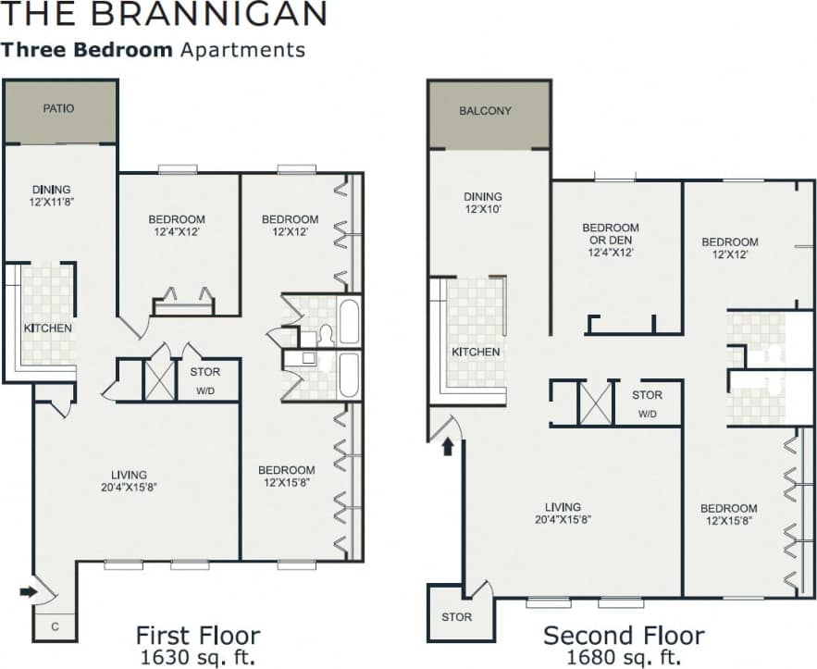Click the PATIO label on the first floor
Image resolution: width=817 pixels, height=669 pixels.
[x=58, y=108]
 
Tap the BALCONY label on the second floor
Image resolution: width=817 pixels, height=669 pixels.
[x=485, y=111]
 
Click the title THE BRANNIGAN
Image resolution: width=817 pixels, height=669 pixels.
[x=164, y=14]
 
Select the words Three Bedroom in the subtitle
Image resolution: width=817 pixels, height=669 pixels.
[x=87, y=49]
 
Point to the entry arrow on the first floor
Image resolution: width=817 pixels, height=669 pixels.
[x=28, y=590]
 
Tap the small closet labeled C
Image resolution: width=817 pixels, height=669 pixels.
[x=55, y=626]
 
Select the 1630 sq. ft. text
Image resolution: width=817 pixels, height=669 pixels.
[x=198, y=657]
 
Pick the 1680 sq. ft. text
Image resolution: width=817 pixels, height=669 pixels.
[x=624, y=657]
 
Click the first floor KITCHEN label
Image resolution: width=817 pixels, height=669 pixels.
[x=48, y=328]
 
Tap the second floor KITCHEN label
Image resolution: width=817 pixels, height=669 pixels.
[x=476, y=352]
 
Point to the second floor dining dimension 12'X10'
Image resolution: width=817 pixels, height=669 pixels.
[x=483, y=210]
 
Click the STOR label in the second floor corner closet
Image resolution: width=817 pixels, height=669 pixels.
[x=456, y=616]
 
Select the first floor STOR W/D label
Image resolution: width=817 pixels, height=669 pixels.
[x=205, y=381]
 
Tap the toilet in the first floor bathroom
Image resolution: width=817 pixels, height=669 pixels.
[x=325, y=334]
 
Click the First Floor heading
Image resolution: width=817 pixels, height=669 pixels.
[x=197, y=636]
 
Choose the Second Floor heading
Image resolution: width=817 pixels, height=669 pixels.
[x=624, y=636]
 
